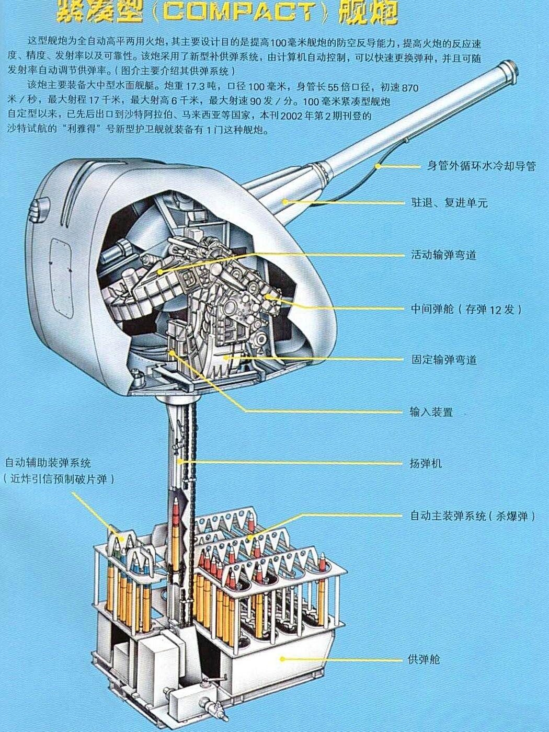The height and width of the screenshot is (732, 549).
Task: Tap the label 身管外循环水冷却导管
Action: tap(481, 166)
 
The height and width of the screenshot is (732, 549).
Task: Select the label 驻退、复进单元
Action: tap(449, 203)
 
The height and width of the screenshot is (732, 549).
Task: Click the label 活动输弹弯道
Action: tap(443, 255)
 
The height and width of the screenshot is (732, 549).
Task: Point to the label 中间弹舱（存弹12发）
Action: tap(466, 309)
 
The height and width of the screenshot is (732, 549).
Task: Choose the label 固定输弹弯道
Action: tap(443, 360)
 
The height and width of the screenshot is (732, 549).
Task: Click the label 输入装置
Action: tap(431, 412)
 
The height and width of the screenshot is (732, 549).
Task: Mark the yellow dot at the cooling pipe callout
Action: tap(377, 166)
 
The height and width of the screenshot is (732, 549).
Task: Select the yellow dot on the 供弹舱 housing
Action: tap(282, 659)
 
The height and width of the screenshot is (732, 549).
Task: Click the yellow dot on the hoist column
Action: tap(179, 462)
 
